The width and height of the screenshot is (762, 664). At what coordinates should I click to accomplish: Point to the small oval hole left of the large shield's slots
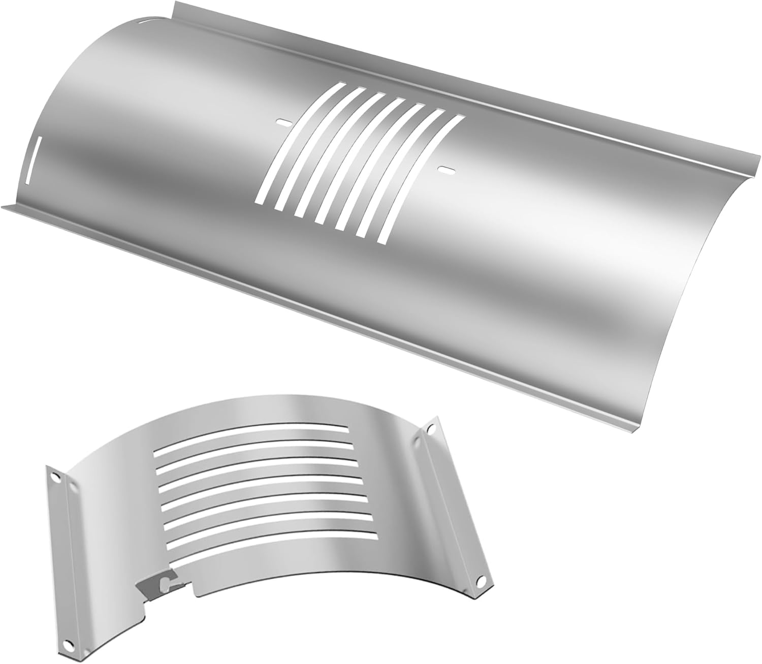[282, 122]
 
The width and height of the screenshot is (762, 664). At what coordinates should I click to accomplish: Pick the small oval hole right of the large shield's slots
[447, 169]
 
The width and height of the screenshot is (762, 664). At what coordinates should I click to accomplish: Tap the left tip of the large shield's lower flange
[5, 206]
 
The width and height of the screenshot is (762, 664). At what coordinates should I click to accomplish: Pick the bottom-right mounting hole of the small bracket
[480, 580]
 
